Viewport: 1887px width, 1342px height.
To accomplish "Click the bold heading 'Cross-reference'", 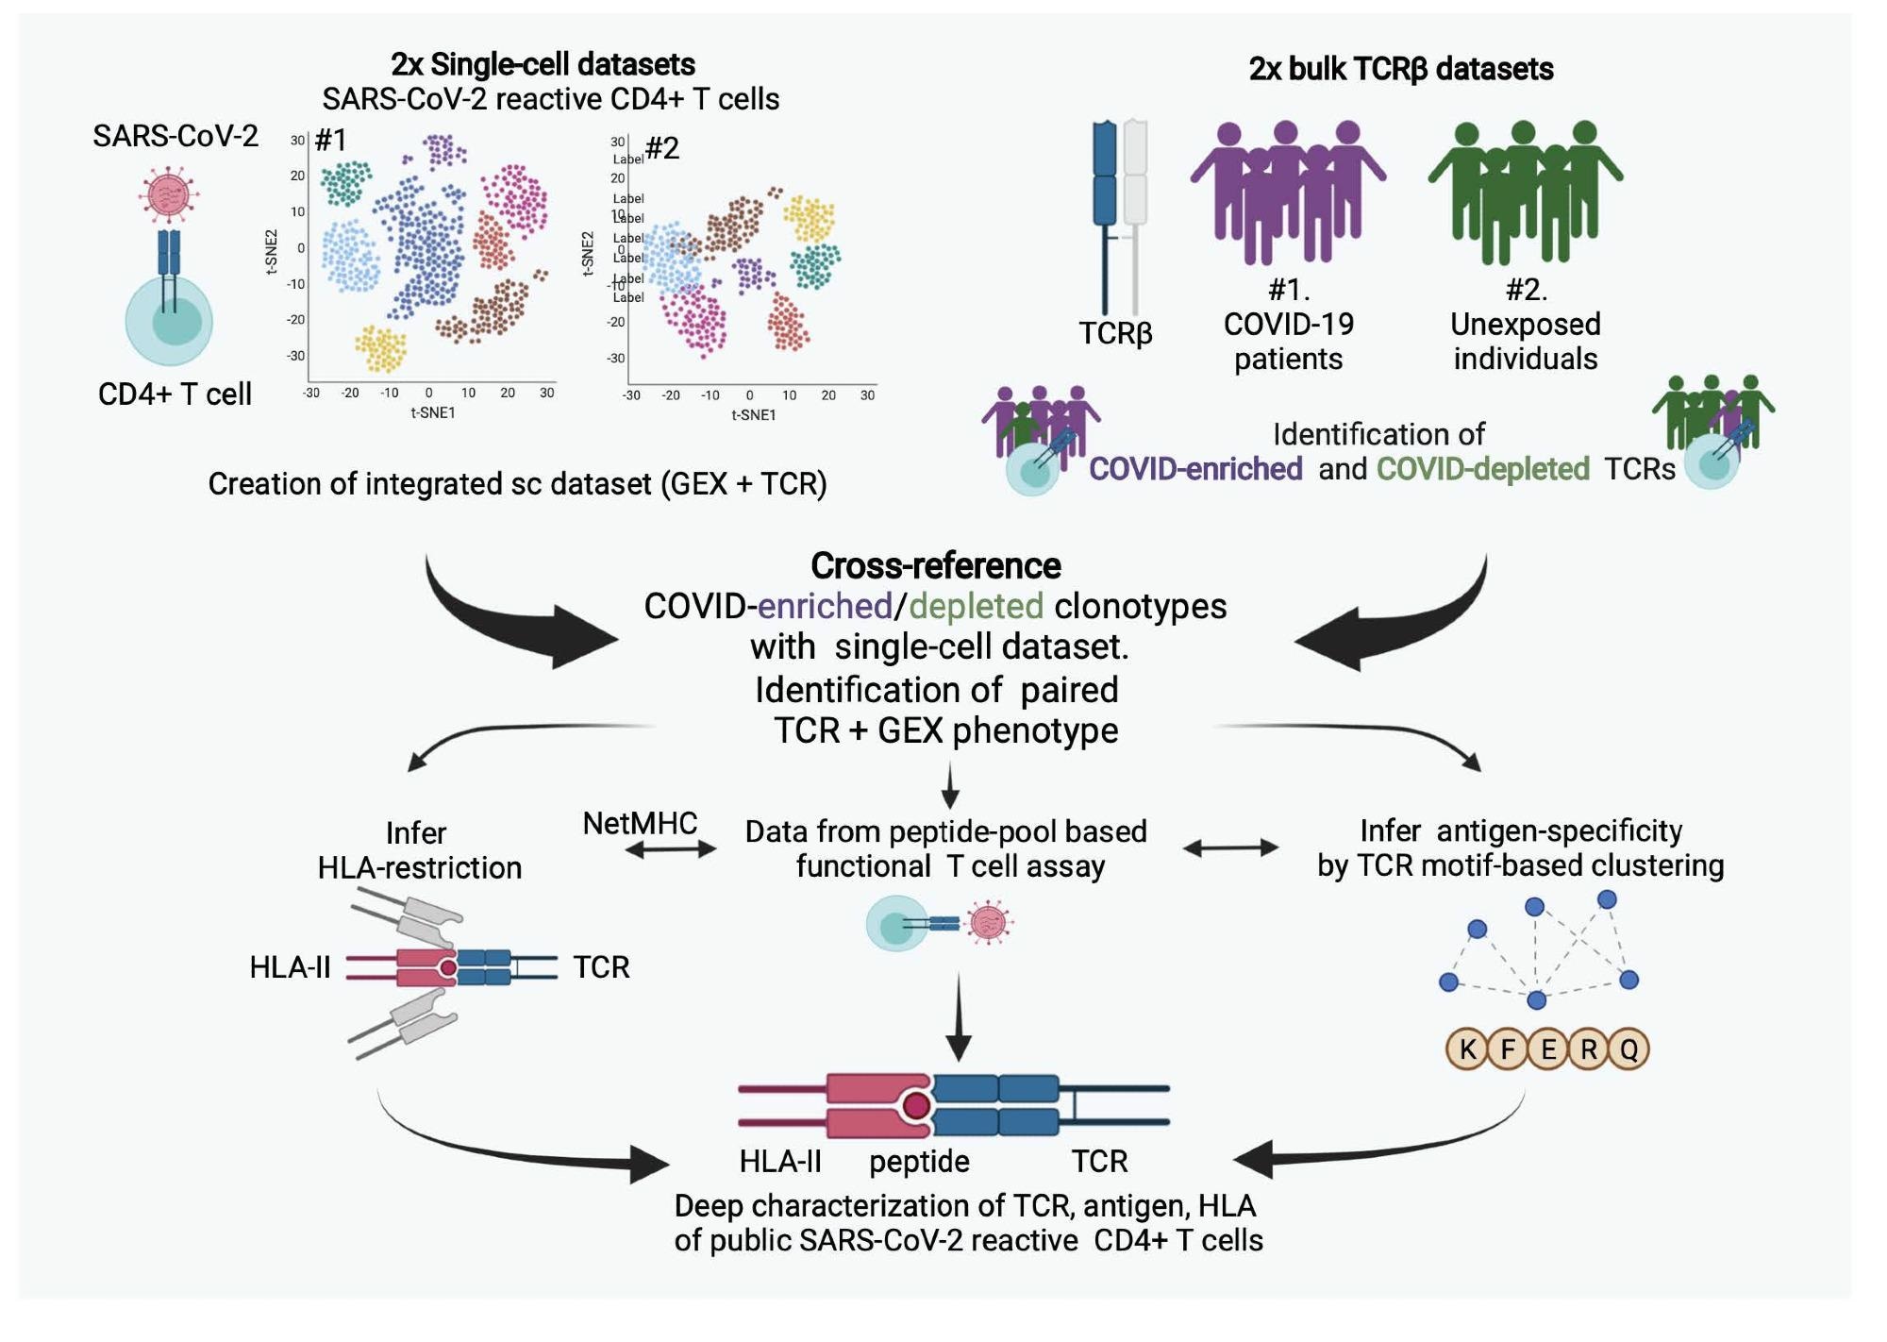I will (x=935, y=565).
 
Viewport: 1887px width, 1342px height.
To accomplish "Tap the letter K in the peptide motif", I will (x=1467, y=1048).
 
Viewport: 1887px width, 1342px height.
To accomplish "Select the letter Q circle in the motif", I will (x=1628, y=1048).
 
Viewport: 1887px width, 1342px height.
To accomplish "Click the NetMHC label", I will (x=640, y=823).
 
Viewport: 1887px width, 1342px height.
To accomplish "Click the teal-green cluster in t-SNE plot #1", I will (x=345, y=182).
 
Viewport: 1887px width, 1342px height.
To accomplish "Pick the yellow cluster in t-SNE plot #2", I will (x=810, y=218).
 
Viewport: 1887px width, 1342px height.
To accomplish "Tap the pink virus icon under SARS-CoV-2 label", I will (x=169, y=194).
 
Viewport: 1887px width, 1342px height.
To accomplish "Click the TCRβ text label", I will (x=1115, y=333).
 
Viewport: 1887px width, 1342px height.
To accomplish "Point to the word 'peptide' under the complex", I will (x=919, y=1161).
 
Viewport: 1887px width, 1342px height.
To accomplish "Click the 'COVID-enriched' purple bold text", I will (x=1195, y=469).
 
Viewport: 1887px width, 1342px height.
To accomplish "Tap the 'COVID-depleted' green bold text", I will (x=1482, y=469).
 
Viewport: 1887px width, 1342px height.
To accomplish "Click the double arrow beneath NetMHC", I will (x=671, y=850).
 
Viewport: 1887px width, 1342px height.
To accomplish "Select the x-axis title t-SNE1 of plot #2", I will (x=753, y=415).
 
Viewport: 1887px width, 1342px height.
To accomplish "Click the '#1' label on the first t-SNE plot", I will (x=330, y=141).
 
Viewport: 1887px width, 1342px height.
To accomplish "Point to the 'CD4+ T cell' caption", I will (x=175, y=394).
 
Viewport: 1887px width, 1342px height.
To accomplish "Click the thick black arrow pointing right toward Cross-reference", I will (x=528, y=623).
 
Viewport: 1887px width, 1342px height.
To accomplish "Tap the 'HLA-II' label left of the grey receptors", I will (x=290, y=967).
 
